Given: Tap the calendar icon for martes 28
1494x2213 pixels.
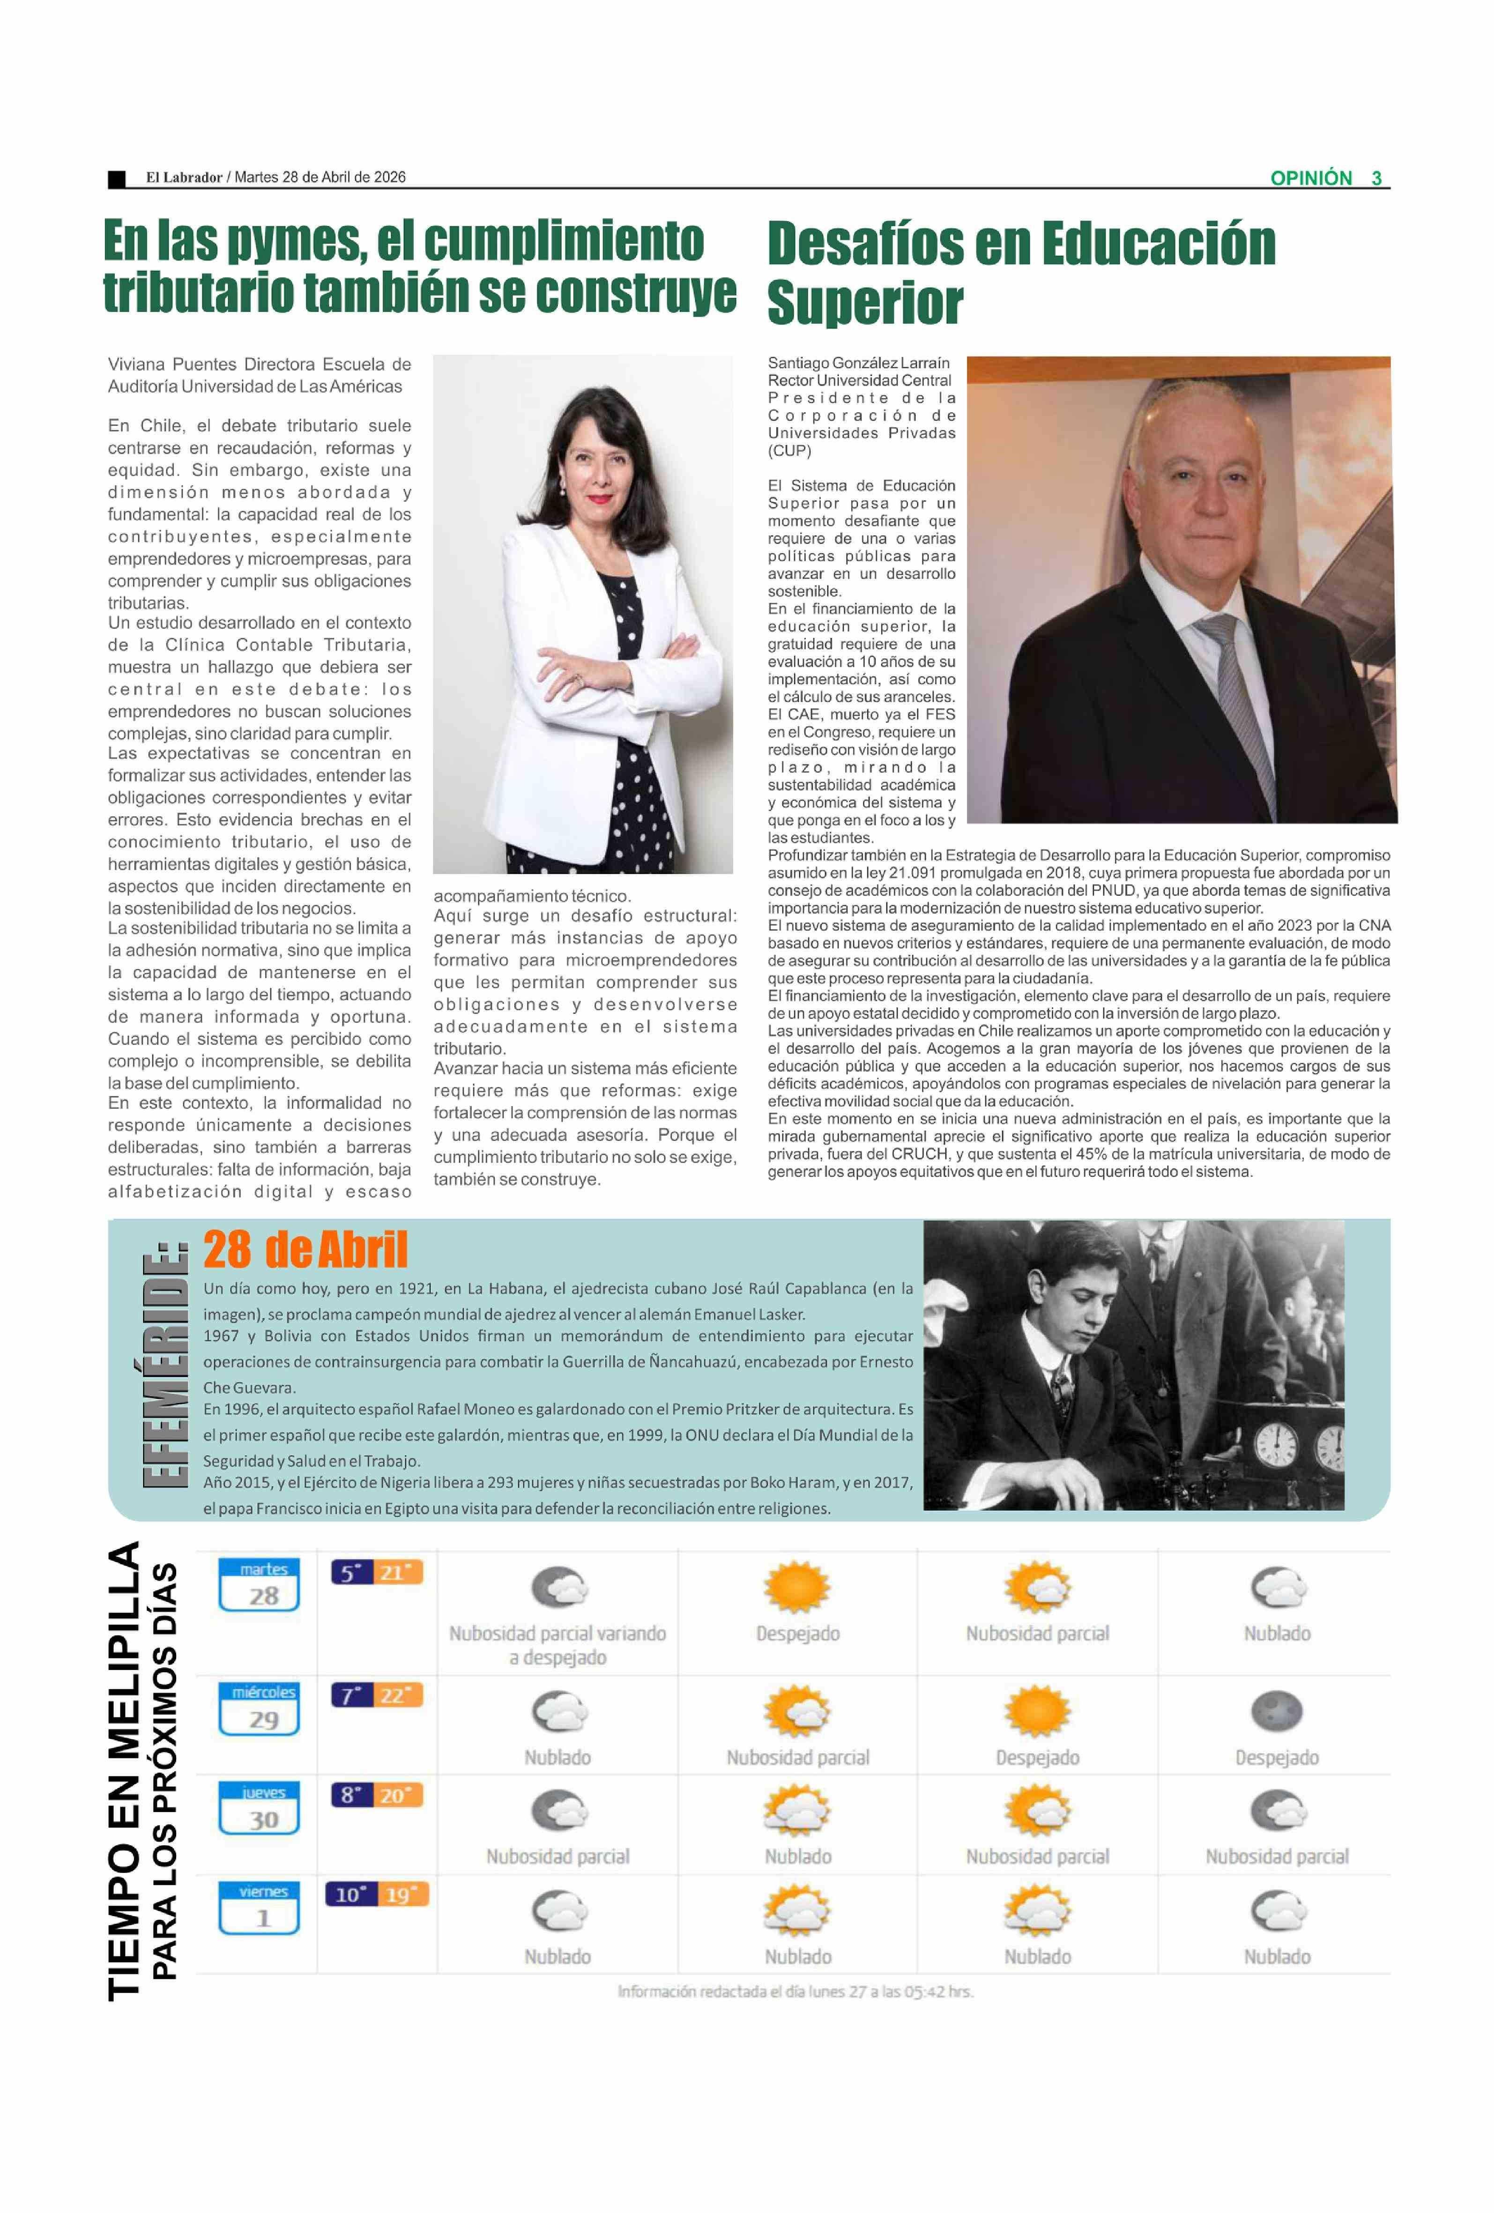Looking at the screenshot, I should coord(259,1585).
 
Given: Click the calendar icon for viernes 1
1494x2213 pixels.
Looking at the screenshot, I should coord(259,1909).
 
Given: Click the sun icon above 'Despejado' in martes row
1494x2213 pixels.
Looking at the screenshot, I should coord(797,1588).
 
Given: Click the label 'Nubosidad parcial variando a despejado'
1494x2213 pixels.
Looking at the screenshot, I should coord(557,1646).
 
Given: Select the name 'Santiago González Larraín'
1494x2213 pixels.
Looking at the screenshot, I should coord(858,363).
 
